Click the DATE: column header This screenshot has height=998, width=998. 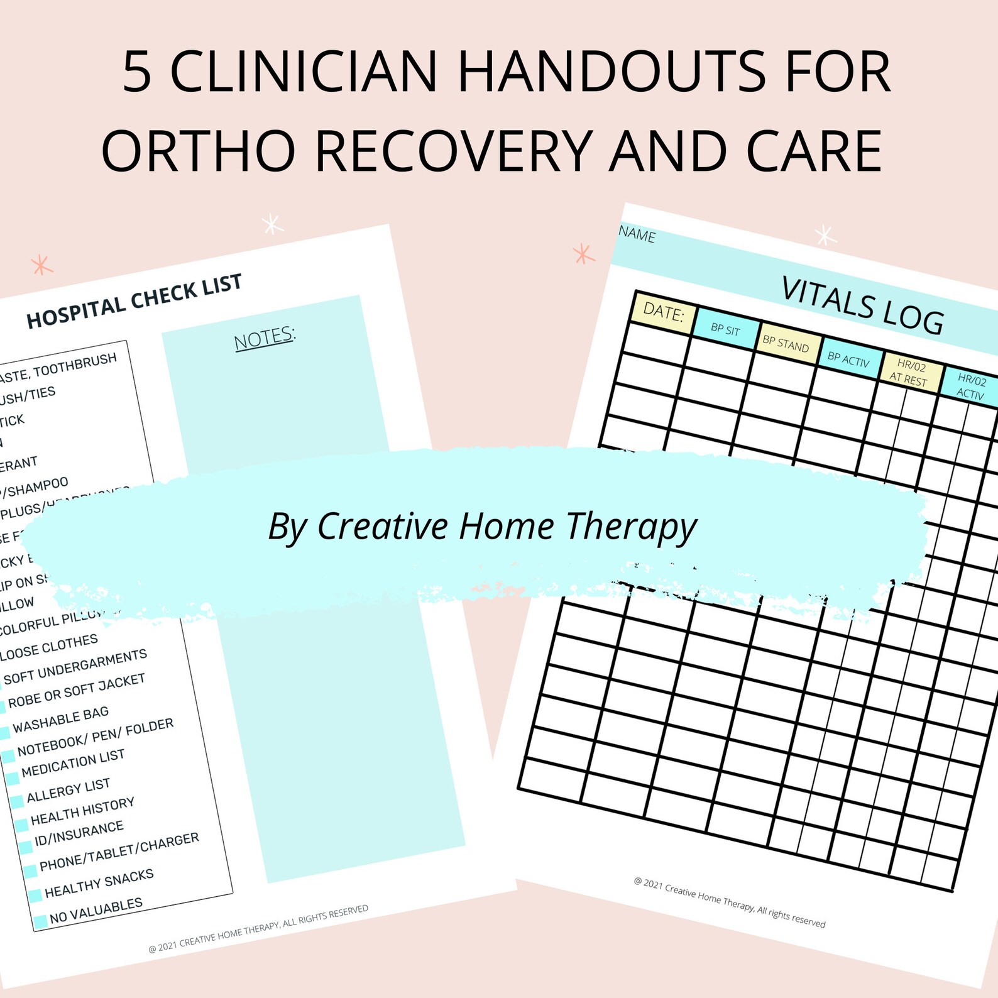click(x=663, y=312)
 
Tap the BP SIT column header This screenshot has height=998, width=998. click(x=725, y=329)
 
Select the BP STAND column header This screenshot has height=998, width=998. click(x=786, y=343)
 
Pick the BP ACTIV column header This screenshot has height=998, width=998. click(x=848, y=359)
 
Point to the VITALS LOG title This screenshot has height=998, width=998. click(x=862, y=305)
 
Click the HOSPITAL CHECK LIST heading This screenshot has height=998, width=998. click(x=134, y=301)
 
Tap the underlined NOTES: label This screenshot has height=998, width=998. click(x=265, y=337)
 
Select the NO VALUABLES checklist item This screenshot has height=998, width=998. click(x=96, y=910)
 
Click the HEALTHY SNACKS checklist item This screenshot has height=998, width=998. click(x=99, y=883)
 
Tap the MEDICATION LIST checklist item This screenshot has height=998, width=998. click(x=73, y=763)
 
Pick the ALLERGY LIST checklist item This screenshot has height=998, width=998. click(x=69, y=790)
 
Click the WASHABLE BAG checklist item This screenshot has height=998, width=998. click(x=60, y=719)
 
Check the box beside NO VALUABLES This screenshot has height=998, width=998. click(x=40, y=921)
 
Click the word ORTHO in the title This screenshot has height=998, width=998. click(x=199, y=151)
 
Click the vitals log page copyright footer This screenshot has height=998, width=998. click(x=729, y=902)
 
